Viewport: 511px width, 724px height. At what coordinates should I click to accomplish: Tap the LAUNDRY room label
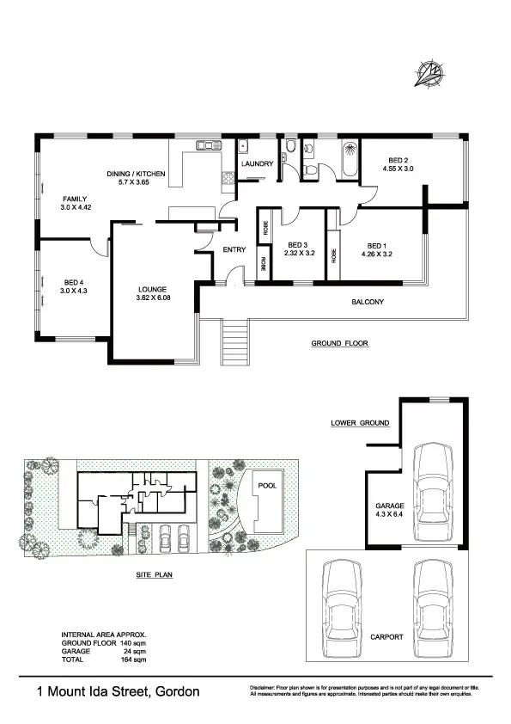(x=257, y=163)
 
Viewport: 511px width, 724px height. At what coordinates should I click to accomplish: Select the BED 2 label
(x=398, y=160)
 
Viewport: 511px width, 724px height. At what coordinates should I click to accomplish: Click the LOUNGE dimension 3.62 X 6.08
(x=155, y=298)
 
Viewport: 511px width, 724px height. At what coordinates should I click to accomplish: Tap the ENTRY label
(x=234, y=250)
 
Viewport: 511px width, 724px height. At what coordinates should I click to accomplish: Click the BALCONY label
(x=368, y=302)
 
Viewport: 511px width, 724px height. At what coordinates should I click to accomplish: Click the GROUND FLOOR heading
(x=339, y=343)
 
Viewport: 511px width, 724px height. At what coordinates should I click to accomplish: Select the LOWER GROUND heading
(x=360, y=423)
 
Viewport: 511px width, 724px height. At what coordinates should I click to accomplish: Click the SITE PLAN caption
(x=155, y=575)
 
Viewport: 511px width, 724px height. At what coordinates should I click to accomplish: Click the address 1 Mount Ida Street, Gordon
(x=118, y=690)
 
